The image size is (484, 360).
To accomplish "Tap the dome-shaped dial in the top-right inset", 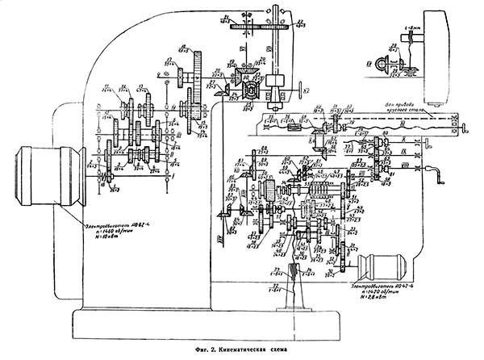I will pyautogui.click(x=386, y=65).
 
